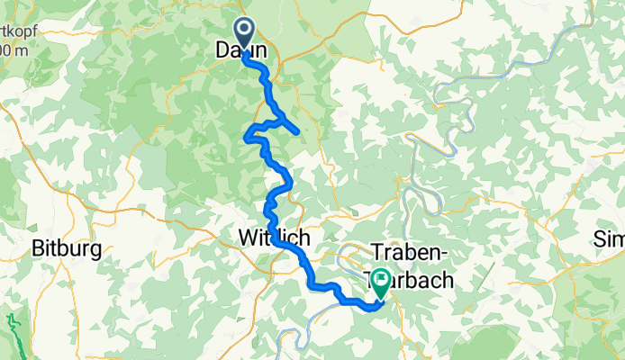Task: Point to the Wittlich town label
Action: point(275,238)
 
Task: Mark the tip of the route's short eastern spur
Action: point(297,133)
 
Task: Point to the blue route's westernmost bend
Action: point(246,138)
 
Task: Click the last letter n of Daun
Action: point(261,51)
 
